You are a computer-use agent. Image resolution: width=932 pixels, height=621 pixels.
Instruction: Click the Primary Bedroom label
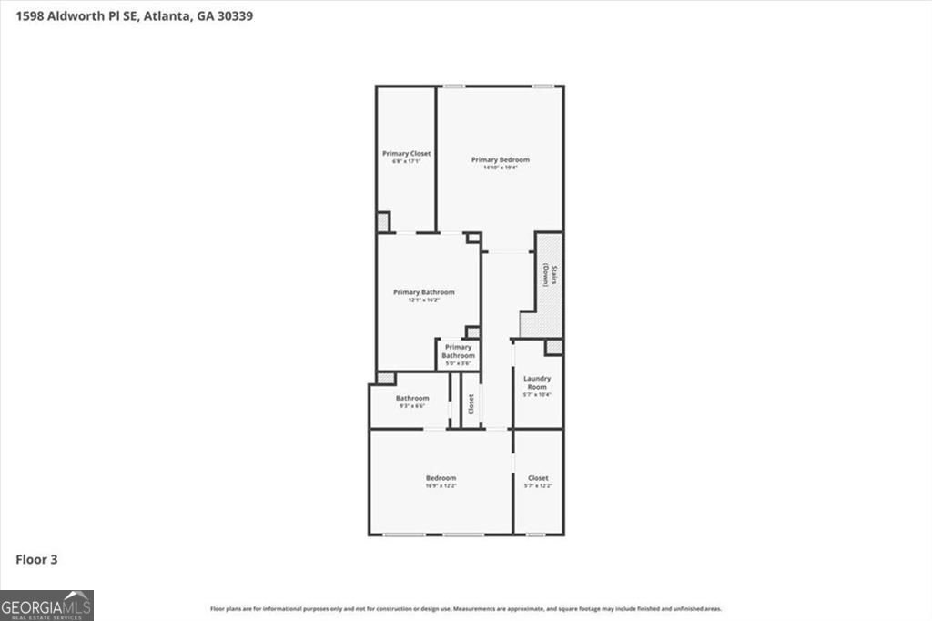(x=500, y=159)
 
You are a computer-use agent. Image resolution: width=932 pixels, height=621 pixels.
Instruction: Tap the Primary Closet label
(x=406, y=154)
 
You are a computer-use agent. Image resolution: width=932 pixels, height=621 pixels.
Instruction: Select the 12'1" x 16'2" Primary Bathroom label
(x=423, y=292)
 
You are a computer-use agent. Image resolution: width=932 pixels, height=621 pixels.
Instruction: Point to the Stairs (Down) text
(x=549, y=275)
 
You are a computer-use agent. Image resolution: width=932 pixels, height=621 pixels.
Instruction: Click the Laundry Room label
(x=537, y=382)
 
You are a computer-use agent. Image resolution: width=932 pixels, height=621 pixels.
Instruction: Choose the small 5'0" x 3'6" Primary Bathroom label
(x=458, y=351)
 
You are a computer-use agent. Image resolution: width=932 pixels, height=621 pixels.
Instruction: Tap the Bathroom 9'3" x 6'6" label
(x=411, y=398)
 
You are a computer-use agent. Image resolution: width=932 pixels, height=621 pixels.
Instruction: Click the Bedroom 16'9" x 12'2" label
(x=441, y=478)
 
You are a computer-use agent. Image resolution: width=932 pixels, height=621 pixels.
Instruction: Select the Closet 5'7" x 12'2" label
(x=538, y=478)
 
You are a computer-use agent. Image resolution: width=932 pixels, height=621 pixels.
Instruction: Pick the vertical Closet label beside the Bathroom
(x=471, y=404)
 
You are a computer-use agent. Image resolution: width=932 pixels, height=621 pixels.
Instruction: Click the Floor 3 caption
(x=36, y=559)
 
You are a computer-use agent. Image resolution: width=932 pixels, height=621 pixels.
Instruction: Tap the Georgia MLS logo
(x=46, y=606)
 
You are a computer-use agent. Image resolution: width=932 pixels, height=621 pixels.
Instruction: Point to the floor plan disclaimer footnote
(x=466, y=609)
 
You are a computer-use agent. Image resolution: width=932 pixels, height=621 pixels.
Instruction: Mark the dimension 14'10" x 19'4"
(x=500, y=168)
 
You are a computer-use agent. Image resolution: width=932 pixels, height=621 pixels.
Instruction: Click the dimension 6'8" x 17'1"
(x=406, y=162)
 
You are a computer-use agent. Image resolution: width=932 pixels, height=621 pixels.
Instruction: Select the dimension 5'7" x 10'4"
(x=537, y=395)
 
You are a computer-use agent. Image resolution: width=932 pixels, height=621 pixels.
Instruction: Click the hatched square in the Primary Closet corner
(x=383, y=221)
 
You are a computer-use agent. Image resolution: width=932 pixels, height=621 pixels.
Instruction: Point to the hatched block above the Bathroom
(x=386, y=378)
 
